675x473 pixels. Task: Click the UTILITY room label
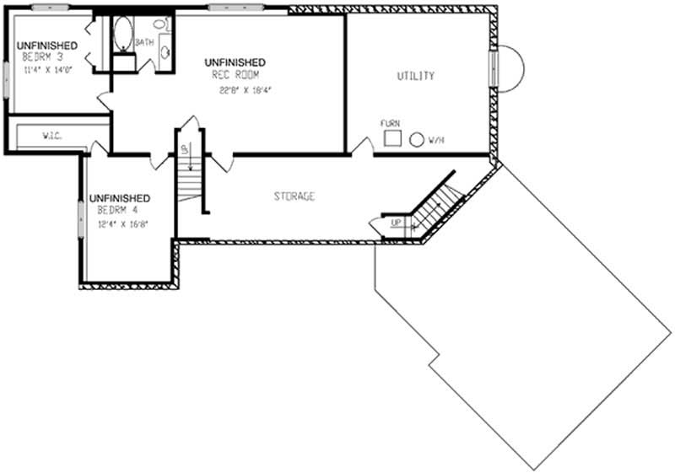[x=416, y=76]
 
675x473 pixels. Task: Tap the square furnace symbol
[x=391, y=137]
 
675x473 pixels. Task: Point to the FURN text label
[x=389, y=123]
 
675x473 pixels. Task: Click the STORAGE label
[x=294, y=196]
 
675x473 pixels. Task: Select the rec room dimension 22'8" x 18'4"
[x=246, y=89]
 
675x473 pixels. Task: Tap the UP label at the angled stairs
[x=395, y=223]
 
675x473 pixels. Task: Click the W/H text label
[x=436, y=141]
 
